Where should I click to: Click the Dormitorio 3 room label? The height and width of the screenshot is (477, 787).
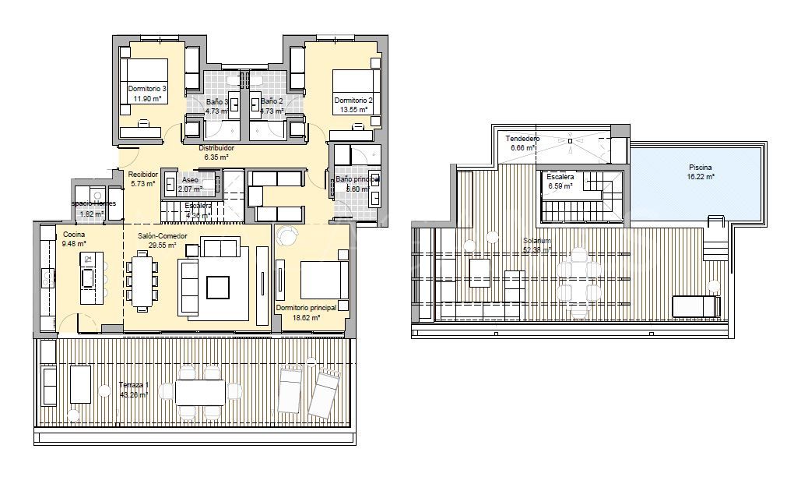147,89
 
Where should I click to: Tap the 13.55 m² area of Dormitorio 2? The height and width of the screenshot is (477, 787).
353,110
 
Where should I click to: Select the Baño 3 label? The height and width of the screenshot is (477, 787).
216,102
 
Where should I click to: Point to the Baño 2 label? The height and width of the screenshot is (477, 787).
271,102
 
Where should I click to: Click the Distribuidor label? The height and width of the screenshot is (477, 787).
216,147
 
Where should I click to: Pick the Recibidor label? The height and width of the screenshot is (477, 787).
144,175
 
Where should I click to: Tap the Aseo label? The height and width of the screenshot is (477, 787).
190,179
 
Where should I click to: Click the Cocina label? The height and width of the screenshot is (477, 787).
75,234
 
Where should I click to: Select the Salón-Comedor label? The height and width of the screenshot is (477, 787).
162,235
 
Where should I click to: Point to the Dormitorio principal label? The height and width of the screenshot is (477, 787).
306,308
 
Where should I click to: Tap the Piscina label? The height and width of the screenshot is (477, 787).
700,168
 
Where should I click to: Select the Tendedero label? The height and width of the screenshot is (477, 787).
522,139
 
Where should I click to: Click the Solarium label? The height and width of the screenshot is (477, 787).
538,242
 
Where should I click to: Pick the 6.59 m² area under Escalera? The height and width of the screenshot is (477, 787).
560,186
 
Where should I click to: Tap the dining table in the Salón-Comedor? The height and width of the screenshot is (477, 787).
142,280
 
